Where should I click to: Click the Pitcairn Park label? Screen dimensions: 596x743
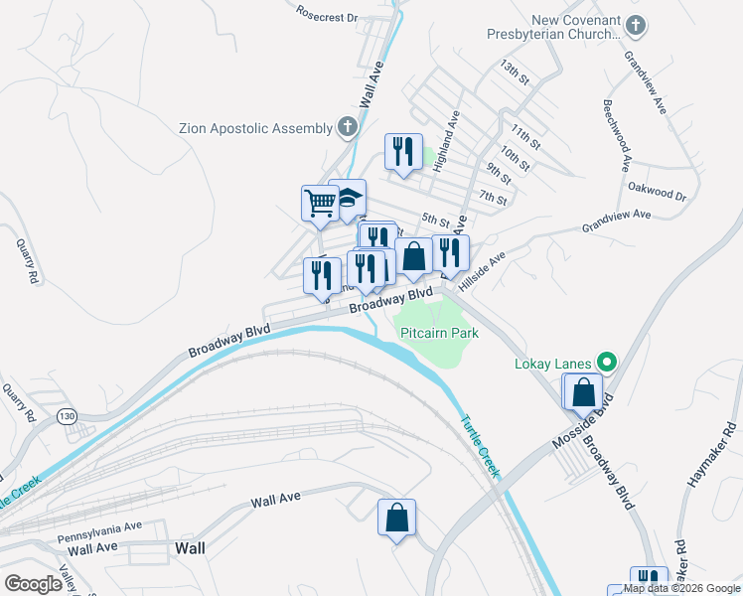[x=440, y=335]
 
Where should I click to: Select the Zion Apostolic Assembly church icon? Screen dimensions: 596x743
[x=347, y=127]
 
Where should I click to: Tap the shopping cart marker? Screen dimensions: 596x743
[x=321, y=203]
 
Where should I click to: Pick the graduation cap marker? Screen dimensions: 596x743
[x=349, y=197]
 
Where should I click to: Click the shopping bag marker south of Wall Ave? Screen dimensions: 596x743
[x=396, y=518]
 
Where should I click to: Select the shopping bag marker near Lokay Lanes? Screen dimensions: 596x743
[x=583, y=392]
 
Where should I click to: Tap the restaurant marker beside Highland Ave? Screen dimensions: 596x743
[x=403, y=152]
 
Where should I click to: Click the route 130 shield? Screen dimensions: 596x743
[x=68, y=415]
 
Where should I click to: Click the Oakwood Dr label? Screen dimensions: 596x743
[x=659, y=191]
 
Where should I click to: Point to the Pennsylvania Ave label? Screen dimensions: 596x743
[x=99, y=531]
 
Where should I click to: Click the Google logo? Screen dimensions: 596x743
[x=33, y=583]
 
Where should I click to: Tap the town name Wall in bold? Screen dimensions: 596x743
[x=190, y=547]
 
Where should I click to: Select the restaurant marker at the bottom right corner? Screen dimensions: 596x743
[x=650, y=581]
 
